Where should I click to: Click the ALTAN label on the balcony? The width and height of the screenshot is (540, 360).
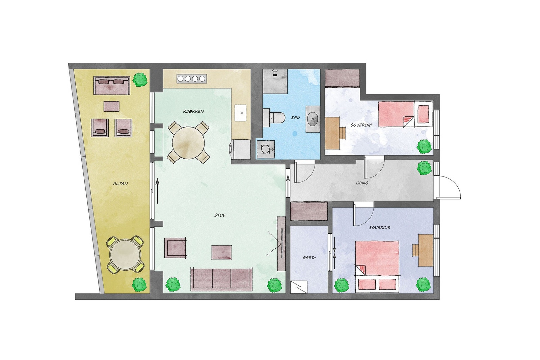pos(120,184)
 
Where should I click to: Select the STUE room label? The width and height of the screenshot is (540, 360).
pos(220,215)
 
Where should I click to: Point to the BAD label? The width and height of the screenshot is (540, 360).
pos(295,117)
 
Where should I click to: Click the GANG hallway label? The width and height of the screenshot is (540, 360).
pos(362,183)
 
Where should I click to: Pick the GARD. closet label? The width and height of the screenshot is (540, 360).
pos(309,257)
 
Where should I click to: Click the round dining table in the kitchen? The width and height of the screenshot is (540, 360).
pos(188,142)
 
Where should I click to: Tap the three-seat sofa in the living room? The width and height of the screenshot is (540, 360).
pos(221,279)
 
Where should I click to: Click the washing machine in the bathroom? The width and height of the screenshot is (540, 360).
pos(266,149)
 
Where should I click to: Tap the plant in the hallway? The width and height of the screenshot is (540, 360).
pos(424,168)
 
